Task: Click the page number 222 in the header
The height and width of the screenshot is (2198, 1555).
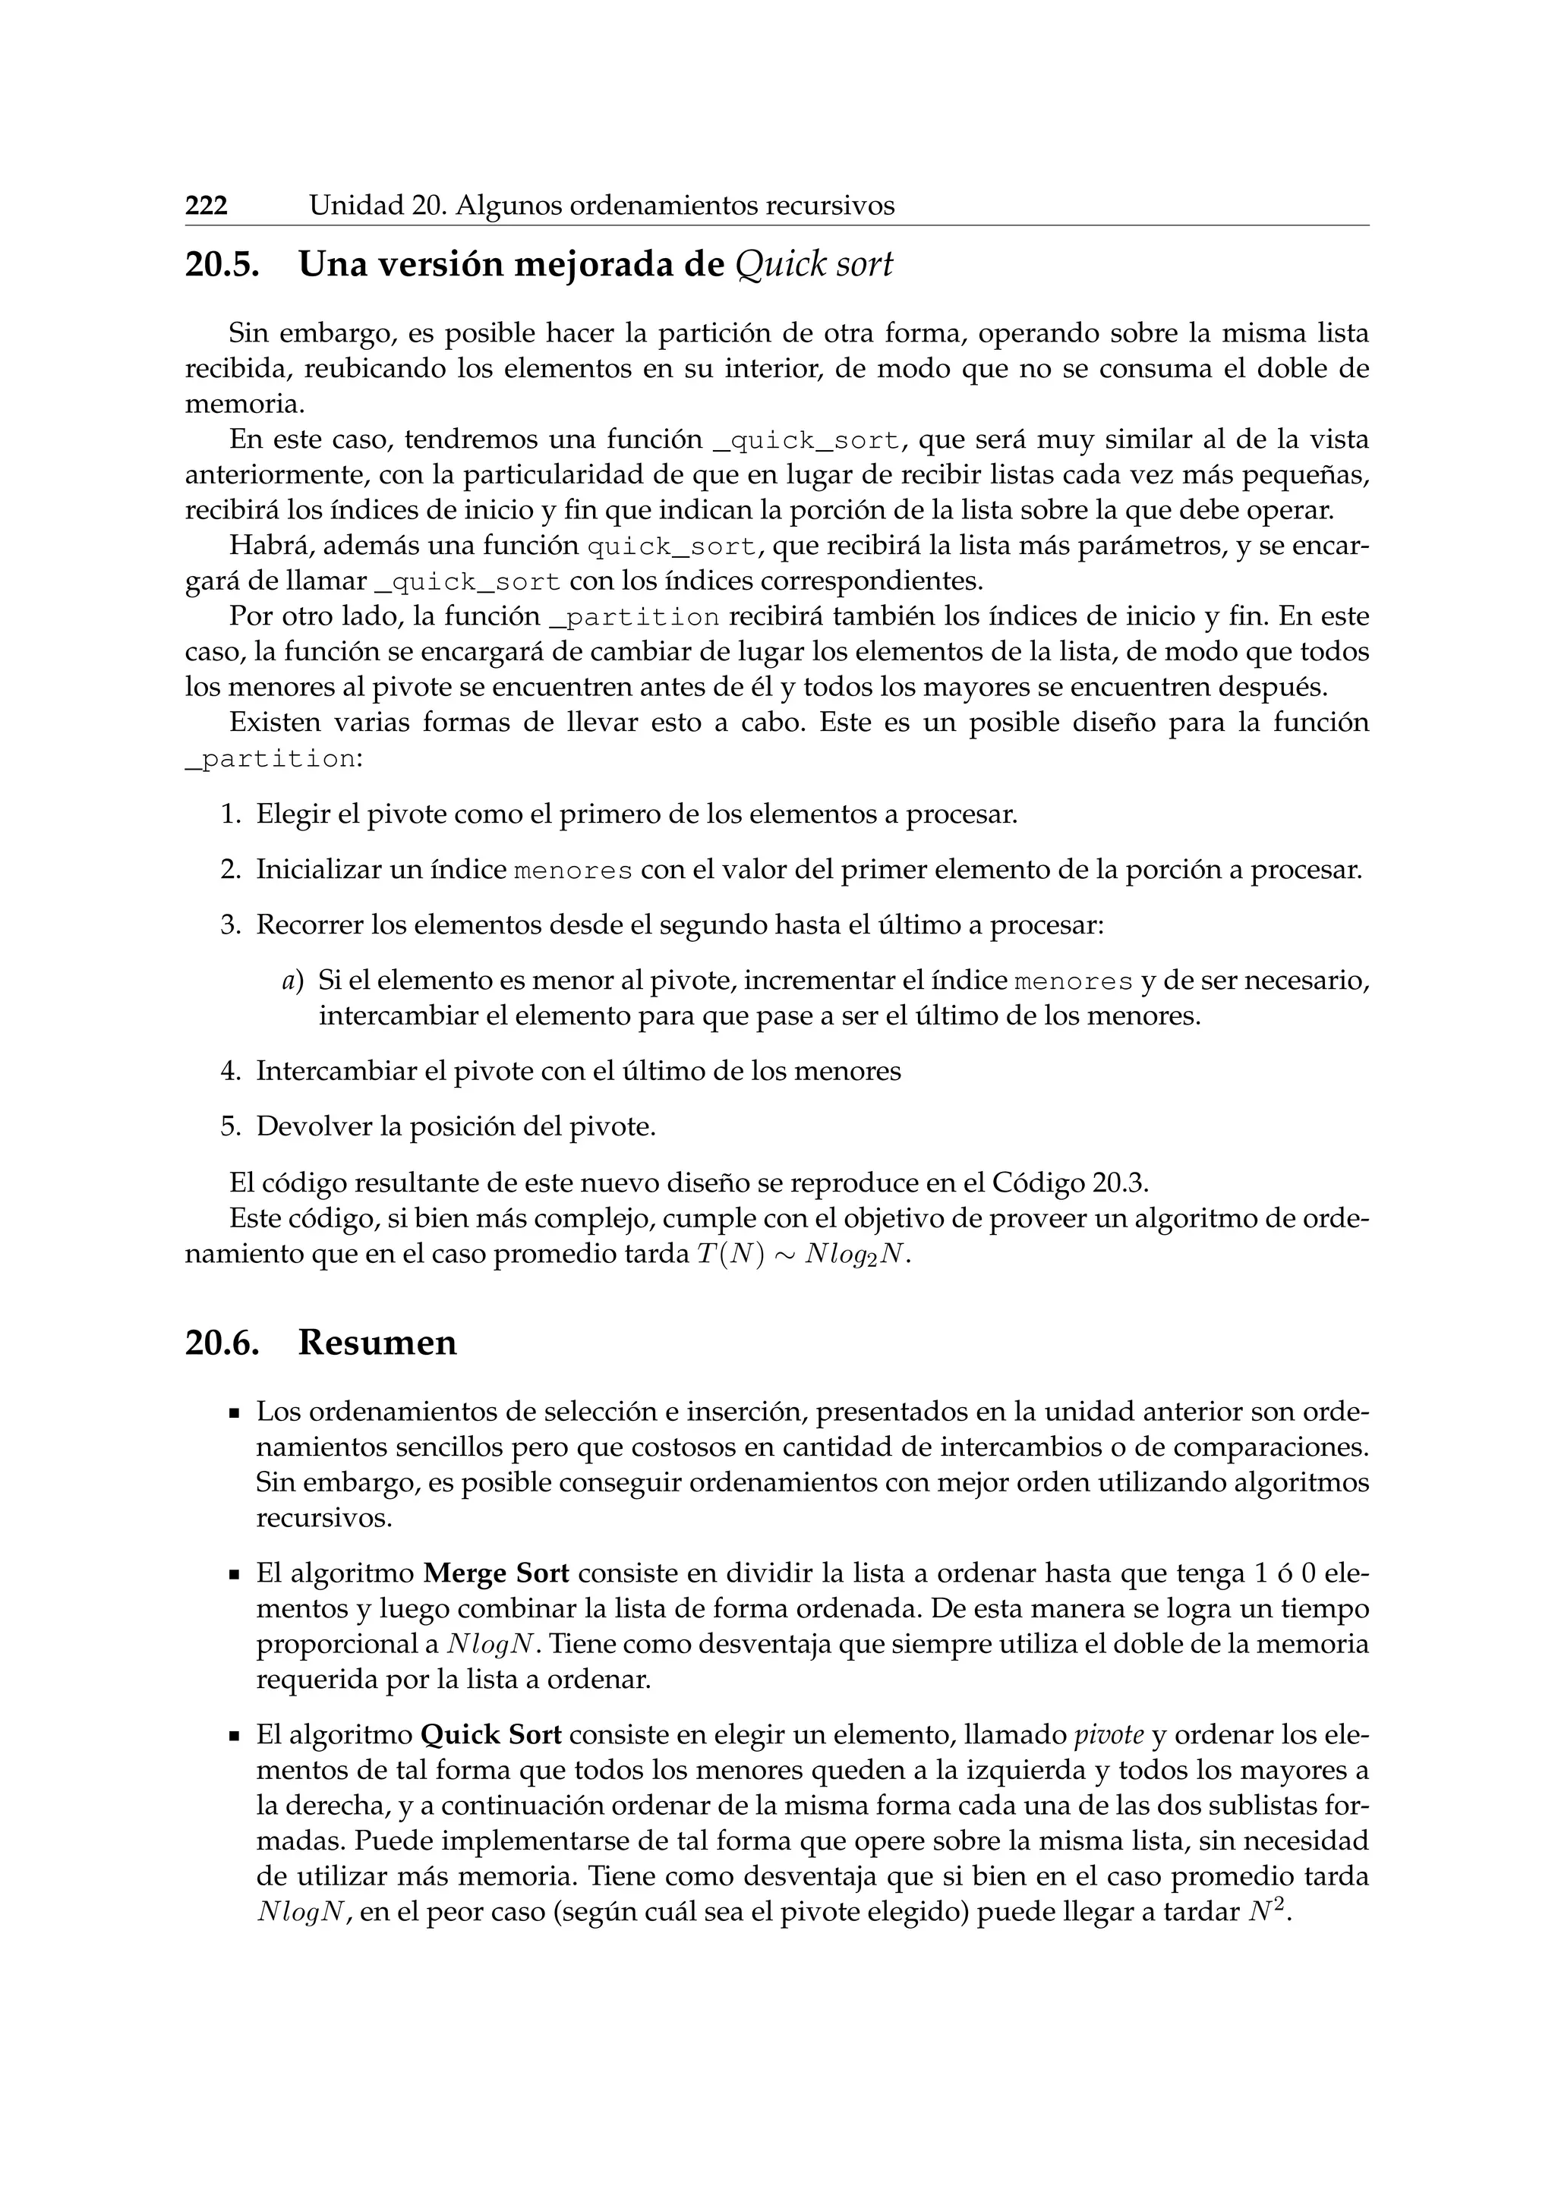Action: [206, 206]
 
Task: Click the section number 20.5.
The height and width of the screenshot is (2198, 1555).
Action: [222, 265]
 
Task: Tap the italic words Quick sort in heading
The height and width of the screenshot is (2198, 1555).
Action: [813, 265]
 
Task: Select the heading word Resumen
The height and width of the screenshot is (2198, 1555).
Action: [377, 1343]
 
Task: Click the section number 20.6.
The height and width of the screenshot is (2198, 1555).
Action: [222, 1343]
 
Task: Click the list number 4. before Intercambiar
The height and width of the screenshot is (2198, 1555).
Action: [230, 1070]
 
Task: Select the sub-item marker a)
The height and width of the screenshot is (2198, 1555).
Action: [292, 981]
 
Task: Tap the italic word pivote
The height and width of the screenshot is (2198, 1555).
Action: [1109, 1736]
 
